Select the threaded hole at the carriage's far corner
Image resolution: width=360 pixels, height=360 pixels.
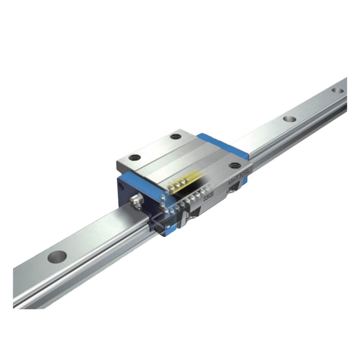(x=176, y=136)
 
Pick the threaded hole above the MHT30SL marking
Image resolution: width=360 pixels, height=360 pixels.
(x=235, y=166)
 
